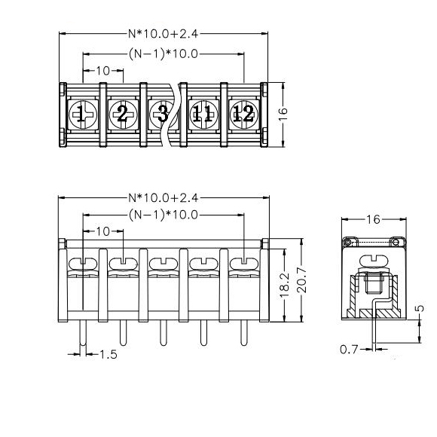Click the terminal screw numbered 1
[x=83, y=115]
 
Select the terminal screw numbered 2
[x=123, y=115]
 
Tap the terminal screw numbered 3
[x=163, y=115]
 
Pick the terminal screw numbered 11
[x=203, y=115]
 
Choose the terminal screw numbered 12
[x=244, y=115]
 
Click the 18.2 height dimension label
[x=285, y=286]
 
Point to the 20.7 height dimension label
[x=301, y=280]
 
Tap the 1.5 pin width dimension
[x=108, y=355]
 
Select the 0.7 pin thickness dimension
[x=349, y=350]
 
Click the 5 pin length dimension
[x=420, y=308]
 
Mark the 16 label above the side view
[x=373, y=219]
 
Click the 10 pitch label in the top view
[x=103, y=71]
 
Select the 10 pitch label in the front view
[x=103, y=231]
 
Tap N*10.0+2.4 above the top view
[x=163, y=34]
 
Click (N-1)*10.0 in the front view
[x=163, y=215]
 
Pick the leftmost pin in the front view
[x=83, y=333]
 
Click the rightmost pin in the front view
[x=244, y=333]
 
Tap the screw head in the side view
[x=374, y=261]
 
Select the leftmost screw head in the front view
[x=83, y=264]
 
